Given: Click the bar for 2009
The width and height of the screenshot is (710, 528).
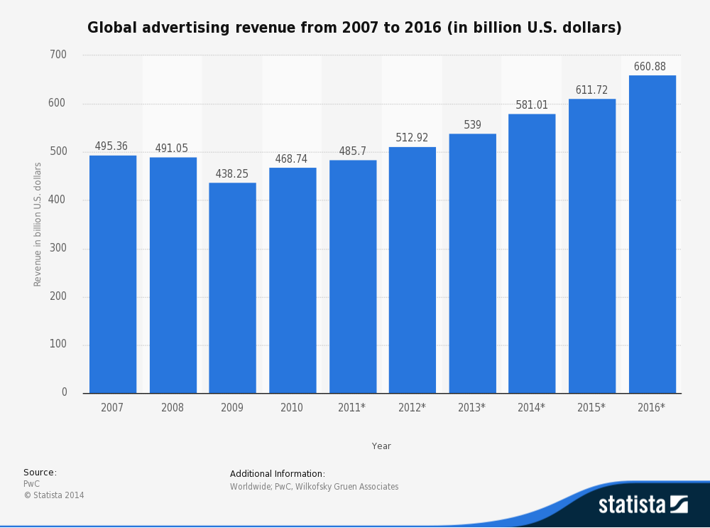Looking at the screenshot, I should click(232, 288).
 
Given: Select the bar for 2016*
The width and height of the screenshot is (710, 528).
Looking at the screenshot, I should click(652, 235).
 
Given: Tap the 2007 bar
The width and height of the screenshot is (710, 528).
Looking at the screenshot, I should click(113, 274).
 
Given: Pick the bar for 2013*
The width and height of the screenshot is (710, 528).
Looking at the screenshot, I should click(472, 264).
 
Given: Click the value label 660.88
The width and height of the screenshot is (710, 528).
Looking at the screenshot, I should click(650, 67).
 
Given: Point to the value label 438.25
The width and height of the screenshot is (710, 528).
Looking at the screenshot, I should click(232, 174).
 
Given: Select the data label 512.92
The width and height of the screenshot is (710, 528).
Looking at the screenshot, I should click(412, 138).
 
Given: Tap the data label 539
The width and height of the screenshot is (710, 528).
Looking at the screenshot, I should click(472, 125).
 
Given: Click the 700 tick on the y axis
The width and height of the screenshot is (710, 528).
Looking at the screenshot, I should click(58, 55).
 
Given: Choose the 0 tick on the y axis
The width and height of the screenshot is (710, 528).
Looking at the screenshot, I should click(64, 392).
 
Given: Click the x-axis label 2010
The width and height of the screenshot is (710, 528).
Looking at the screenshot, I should click(292, 408).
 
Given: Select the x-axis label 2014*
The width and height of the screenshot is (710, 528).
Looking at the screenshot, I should click(532, 408).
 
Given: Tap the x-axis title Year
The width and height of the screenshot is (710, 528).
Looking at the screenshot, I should click(381, 446).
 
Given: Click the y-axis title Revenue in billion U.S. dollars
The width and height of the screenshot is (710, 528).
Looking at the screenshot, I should click(38, 224).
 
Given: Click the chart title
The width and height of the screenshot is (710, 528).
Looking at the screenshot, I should click(354, 28).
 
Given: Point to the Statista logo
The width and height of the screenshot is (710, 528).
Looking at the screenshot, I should click(643, 505).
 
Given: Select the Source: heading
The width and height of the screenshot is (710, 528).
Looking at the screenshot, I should click(40, 473).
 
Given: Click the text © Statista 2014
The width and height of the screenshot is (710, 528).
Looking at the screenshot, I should click(54, 495).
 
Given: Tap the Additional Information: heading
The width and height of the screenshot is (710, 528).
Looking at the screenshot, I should click(278, 474).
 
